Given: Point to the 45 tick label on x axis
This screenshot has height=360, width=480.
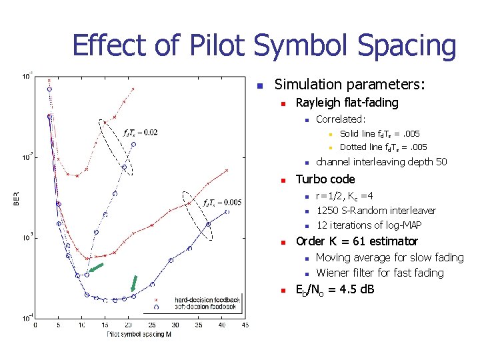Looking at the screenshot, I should point(245,325).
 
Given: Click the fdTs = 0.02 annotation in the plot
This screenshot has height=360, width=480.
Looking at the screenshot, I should point(141,132).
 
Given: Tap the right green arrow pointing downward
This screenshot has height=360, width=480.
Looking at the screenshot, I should point(134,283).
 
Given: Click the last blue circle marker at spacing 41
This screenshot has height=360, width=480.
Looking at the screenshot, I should point(227,212).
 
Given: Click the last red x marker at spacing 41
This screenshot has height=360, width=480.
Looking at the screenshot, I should point(227,170).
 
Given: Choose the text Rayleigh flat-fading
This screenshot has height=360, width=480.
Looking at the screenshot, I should point(347,103).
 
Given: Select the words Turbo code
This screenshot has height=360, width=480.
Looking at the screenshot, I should point(325,179).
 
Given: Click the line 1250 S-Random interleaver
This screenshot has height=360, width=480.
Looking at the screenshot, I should point(376,211).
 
